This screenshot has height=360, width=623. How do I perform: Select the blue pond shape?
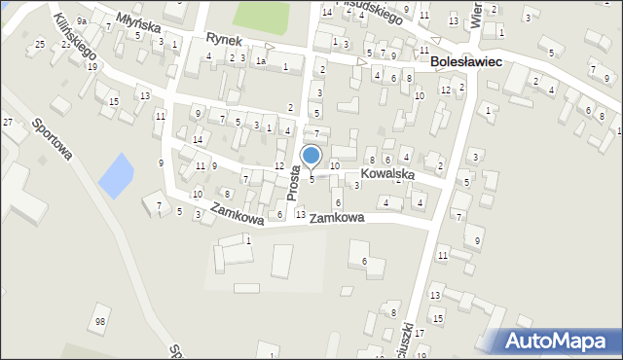[x=114, y=174]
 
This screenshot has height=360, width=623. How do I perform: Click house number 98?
[x=99, y=322]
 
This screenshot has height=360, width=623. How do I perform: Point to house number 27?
[x=8, y=122]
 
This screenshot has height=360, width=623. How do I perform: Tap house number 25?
[x=40, y=45]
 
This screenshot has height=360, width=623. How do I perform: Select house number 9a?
[x=83, y=20]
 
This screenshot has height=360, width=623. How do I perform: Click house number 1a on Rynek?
[x=260, y=60]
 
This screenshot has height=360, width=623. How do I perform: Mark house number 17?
[x=420, y=334]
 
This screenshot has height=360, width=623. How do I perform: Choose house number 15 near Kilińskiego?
[x=114, y=101]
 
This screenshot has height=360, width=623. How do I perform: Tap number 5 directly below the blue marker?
[x=311, y=179]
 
